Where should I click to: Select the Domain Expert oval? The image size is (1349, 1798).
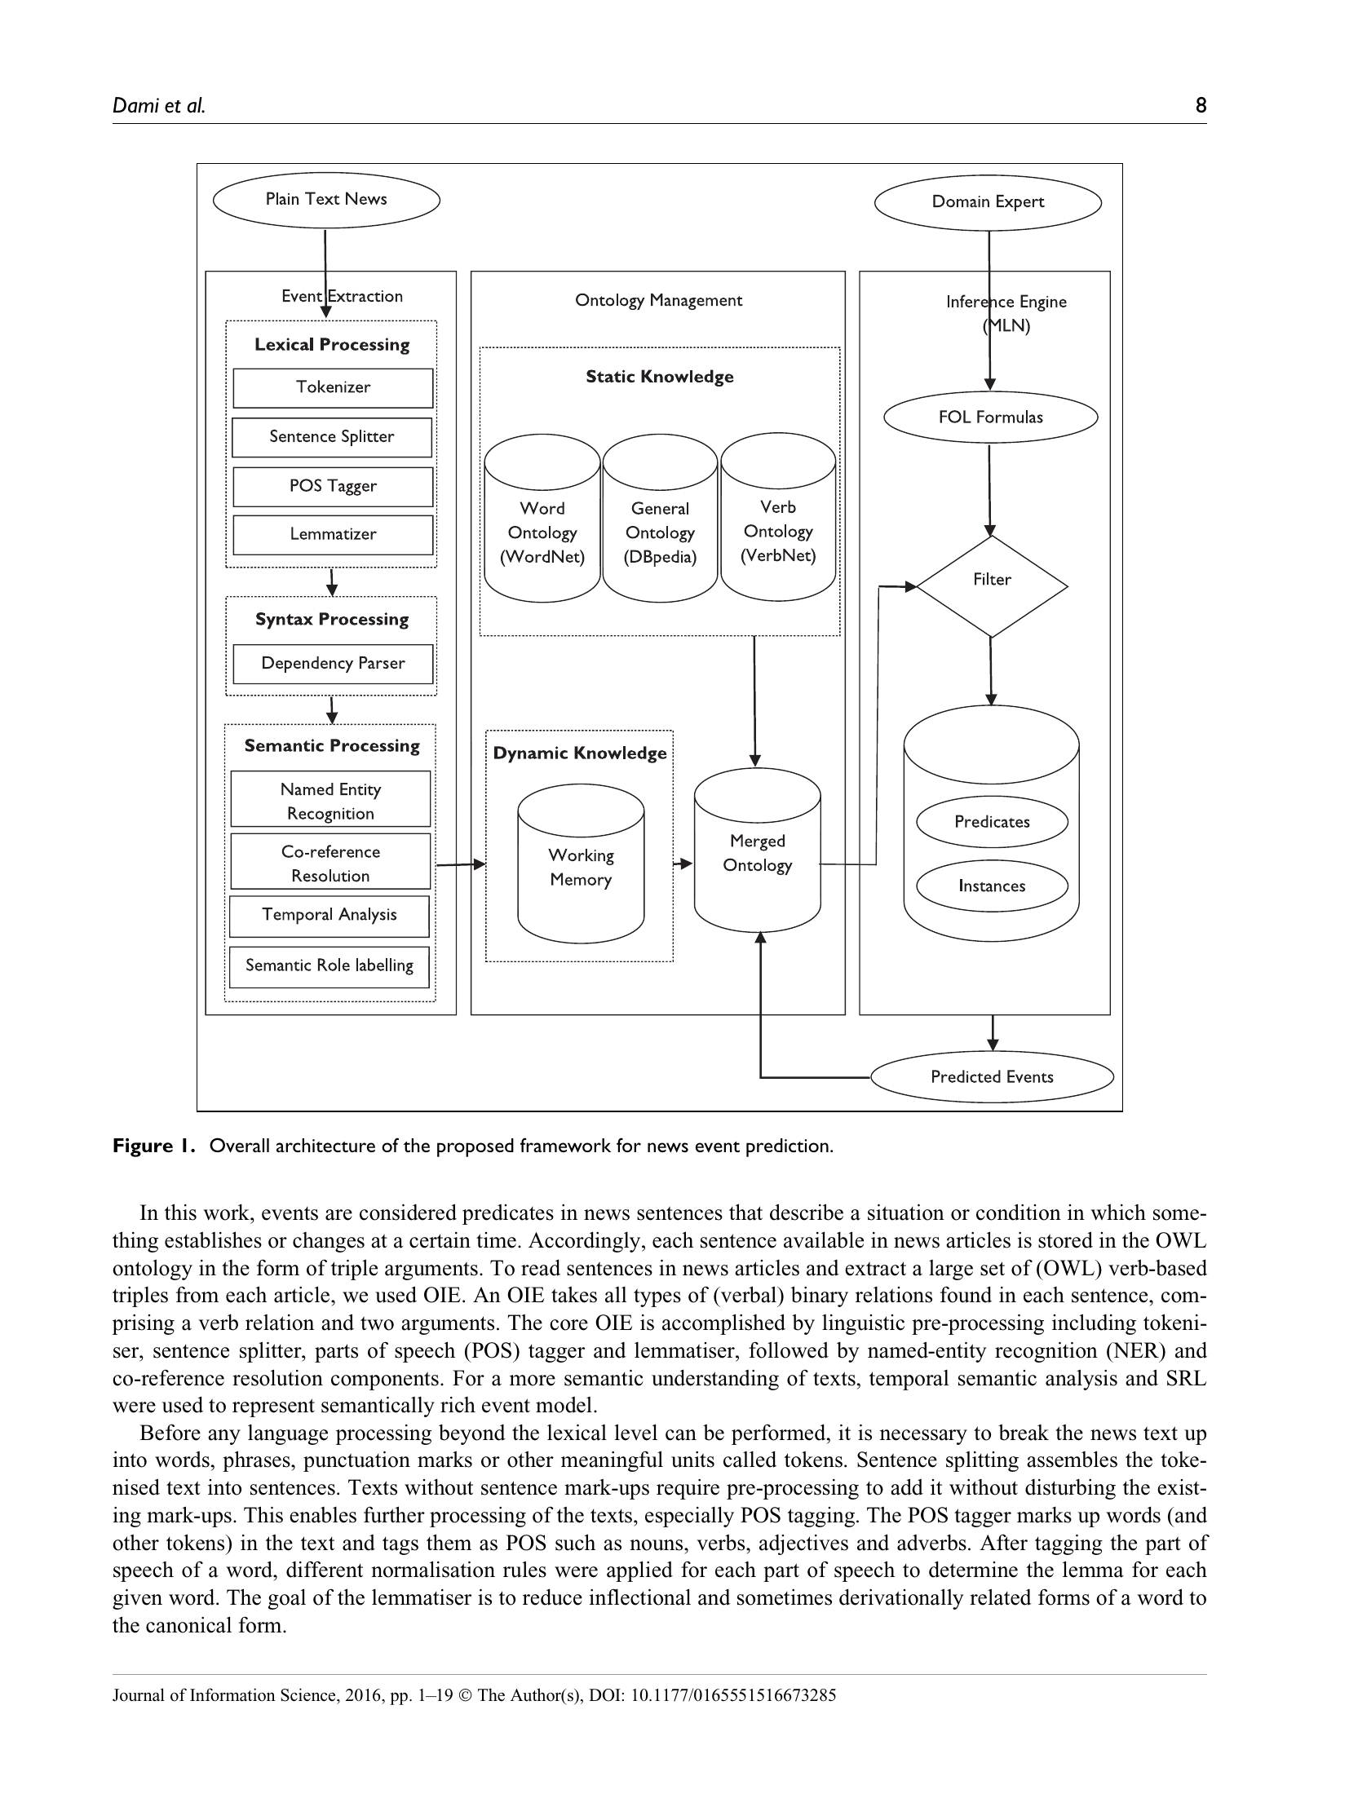pyautogui.click(x=988, y=202)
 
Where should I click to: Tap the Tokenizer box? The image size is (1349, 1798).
pyautogui.click(x=333, y=387)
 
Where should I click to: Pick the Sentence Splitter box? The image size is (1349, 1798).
pyautogui.click(x=332, y=437)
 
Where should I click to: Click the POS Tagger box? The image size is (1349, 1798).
pyautogui.click(x=333, y=486)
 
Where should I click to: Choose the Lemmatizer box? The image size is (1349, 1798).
pyautogui.click(x=333, y=535)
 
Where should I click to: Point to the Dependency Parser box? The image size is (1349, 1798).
pyautogui.click(x=333, y=664)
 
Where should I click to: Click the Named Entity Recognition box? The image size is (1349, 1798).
pyautogui.click(x=330, y=801)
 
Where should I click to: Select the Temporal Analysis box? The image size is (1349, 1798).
pyautogui.click(x=330, y=915)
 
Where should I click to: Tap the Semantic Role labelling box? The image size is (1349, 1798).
pyautogui.click(x=330, y=965)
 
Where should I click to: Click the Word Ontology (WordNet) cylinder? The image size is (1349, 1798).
pyautogui.click(x=542, y=518)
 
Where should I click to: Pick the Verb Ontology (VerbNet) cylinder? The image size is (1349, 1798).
pyautogui.click(x=778, y=516)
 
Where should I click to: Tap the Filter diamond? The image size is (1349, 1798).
pyautogui.click(x=992, y=586)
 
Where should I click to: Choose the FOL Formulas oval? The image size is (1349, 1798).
pyautogui.click(x=991, y=417)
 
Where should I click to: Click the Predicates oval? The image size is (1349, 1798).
pyautogui.click(x=992, y=822)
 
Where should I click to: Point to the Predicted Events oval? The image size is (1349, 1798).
pyautogui.click(x=992, y=1077)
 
